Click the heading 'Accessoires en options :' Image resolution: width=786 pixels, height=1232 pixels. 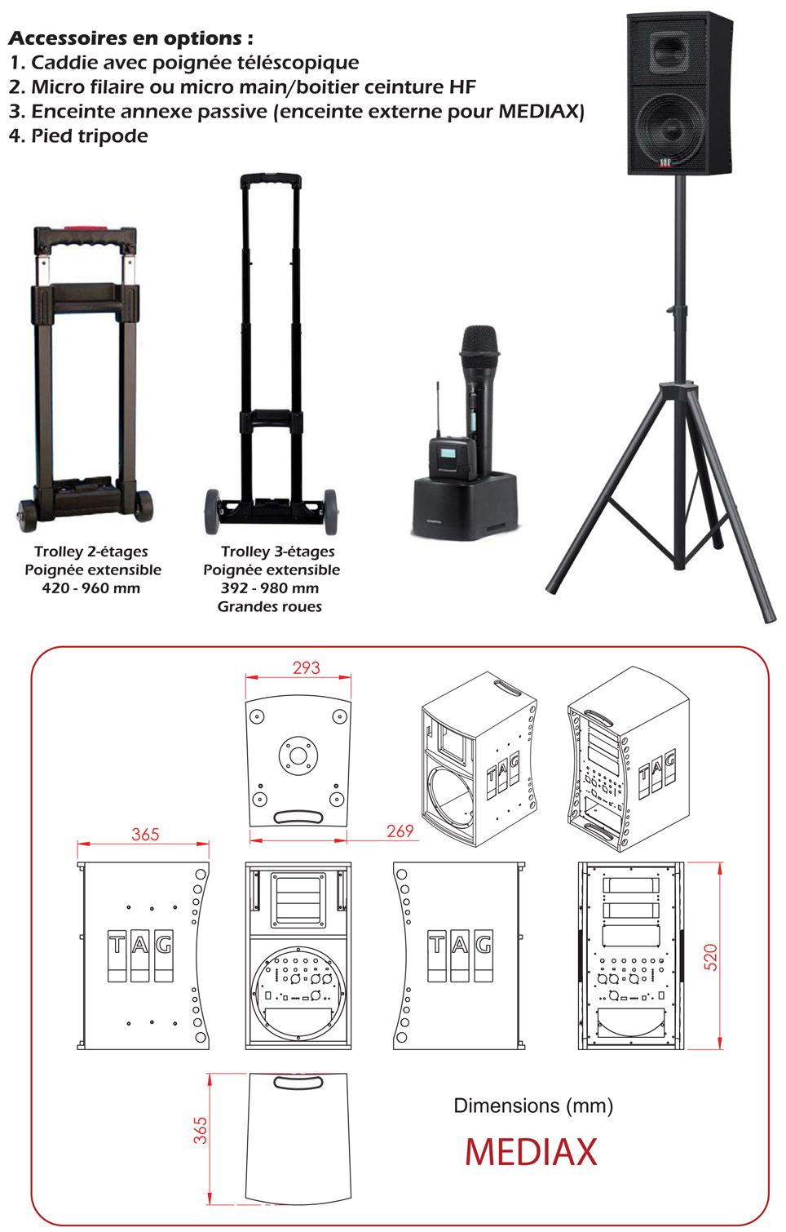tap(130, 38)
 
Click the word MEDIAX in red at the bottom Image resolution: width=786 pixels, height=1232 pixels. tap(531, 1152)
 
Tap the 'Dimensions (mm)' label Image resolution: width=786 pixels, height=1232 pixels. tap(532, 1106)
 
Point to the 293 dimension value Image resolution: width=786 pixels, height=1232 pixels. tap(306, 667)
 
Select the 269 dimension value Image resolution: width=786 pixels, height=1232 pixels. tap(400, 831)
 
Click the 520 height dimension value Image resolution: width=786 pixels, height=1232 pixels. tap(710, 957)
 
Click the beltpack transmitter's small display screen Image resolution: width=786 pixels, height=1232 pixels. tap(448, 454)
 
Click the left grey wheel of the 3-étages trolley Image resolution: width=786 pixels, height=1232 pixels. tap(212, 512)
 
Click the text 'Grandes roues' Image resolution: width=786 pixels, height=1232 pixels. tap(269, 606)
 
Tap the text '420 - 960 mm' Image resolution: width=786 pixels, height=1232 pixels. tap(91, 588)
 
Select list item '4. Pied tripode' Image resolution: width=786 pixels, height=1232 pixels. tap(78, 135)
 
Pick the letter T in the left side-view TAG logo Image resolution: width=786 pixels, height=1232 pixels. tap(117, 955)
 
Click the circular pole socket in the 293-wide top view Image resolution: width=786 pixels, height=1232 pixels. tap(298, 756)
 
